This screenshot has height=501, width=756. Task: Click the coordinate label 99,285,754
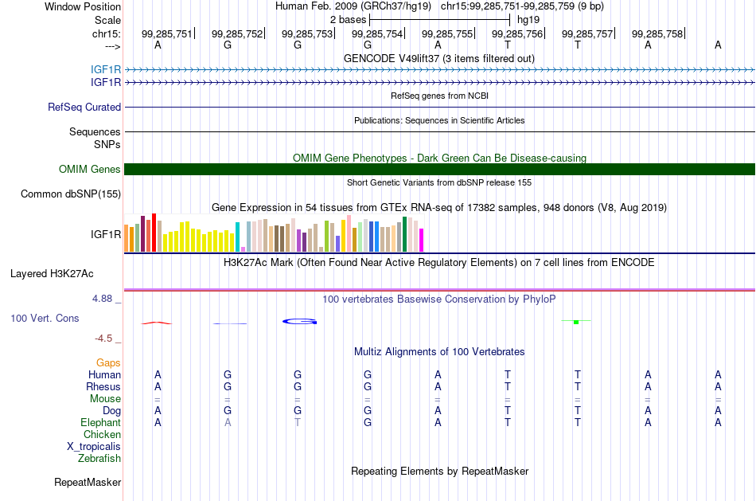[x=377, y=33]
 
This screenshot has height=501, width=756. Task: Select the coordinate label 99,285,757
[x=587, y=33]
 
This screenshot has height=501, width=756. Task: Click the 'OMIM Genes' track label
[x=90, y=170]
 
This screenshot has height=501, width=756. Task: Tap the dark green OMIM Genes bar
[x=439, y=169]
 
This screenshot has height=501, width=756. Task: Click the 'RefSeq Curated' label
[x=84, y=108]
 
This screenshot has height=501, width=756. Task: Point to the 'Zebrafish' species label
[x=99, y=459]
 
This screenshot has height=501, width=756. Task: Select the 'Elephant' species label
[x=101, y=423]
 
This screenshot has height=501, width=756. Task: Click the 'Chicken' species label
[x=102, y=435]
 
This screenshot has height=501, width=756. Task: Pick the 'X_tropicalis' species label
[x=94, y=447]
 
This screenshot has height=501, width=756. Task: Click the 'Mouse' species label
[x=105, y=399]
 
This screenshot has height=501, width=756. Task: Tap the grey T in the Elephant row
[x=298, y=423]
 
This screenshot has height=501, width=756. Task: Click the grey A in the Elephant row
[x=228, y=423]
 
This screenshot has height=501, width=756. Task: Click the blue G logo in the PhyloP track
[x=299, y=322]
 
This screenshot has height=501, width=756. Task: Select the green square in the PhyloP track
[x=576, y=322]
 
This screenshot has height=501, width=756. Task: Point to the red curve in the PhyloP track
[x=156, y=323]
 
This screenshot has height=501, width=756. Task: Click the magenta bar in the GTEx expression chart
[x=422, y=240]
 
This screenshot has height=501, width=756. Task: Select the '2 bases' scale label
[x=348, y=20]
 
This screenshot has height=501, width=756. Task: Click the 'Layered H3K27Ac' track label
[x=52, y=274]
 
